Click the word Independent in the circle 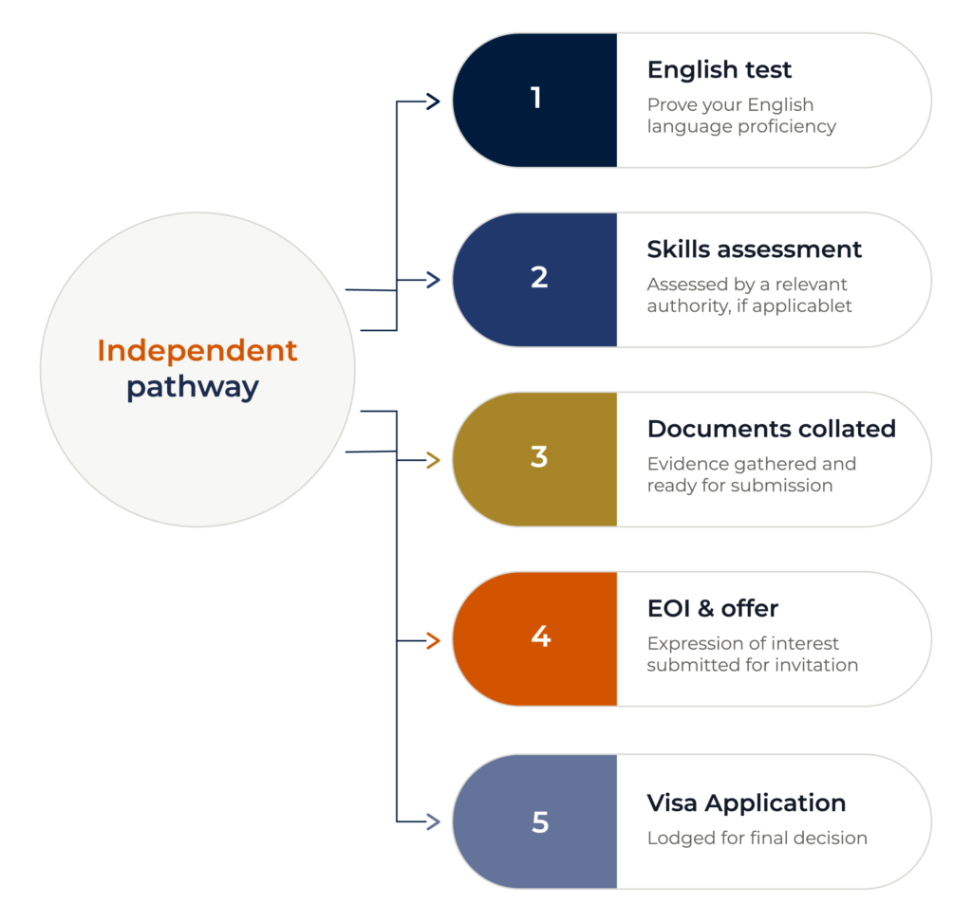[197, 351]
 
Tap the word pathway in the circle [193, 388]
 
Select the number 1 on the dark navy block [536, 98]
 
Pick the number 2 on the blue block [539, 277]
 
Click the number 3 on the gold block [539, 456]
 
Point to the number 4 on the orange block [541, 636]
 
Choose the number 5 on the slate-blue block [540, 822]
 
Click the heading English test [720, 70]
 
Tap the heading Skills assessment [755, 249]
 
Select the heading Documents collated [772, 429]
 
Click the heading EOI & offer [713, 608]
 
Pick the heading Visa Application [746, 803]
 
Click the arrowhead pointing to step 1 [433, 101]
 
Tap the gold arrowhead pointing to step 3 [433, 460]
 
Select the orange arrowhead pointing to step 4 [433, 640]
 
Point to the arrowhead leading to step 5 [433, 821]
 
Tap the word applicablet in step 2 [801, 306]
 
